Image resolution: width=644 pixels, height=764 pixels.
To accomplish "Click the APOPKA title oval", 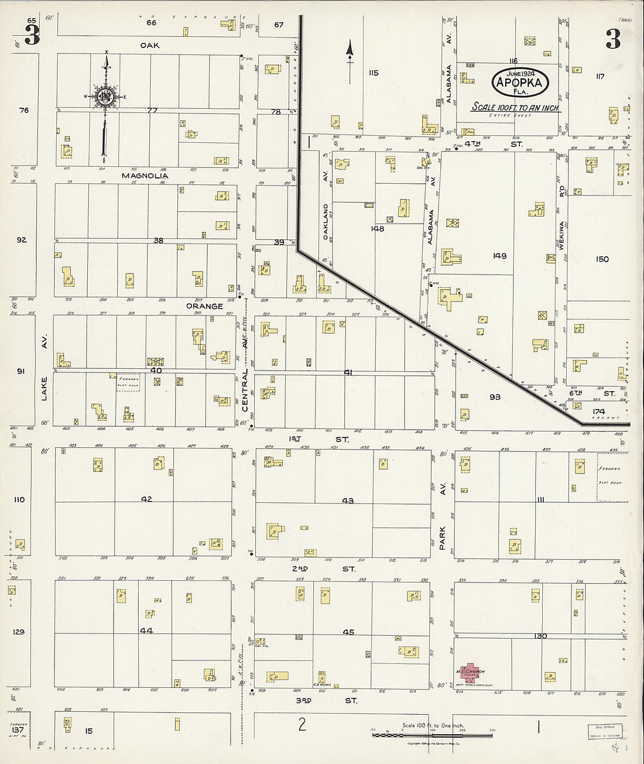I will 519,82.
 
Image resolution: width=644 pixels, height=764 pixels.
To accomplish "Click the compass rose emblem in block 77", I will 105,97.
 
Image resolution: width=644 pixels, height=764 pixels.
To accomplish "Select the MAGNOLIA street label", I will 145,176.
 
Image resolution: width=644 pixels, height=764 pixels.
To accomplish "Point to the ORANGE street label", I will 204,306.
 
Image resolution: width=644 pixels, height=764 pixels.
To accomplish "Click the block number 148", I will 378,229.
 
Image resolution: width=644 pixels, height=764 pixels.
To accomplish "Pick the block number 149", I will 499,256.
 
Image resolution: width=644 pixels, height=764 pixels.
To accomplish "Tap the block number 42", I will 146,499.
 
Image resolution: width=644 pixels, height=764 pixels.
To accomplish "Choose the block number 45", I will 348,632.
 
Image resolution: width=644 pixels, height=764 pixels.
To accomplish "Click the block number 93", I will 495,397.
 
